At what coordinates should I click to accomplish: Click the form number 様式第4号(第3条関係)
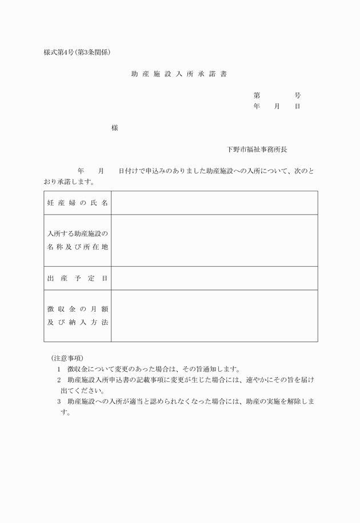coord(77,53)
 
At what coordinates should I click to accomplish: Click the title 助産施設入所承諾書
coord(179,74)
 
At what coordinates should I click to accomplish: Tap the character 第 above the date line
coord(257,95)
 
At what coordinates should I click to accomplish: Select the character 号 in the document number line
coord(298,95)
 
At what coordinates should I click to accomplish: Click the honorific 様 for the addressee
coord(115,127)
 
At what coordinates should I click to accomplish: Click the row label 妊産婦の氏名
coord(77,203)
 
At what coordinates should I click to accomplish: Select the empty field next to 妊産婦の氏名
coord(214,203)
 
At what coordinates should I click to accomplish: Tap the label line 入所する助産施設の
coord(77,234)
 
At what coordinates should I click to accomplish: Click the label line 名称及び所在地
coord(77,247)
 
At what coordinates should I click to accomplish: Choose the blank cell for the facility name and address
coord(214,240)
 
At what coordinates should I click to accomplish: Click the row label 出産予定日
coord(77,278)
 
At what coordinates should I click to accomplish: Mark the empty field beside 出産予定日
coord(214,278)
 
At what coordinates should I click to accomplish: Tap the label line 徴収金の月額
coord(77,308)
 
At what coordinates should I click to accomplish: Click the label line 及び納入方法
coord(77,322)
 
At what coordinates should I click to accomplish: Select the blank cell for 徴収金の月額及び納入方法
coord(214,315)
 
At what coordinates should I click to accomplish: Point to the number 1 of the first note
coord(58,369)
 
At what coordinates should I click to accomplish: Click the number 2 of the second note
coord(58,380)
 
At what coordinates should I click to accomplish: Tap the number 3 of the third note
coord(58,402)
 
